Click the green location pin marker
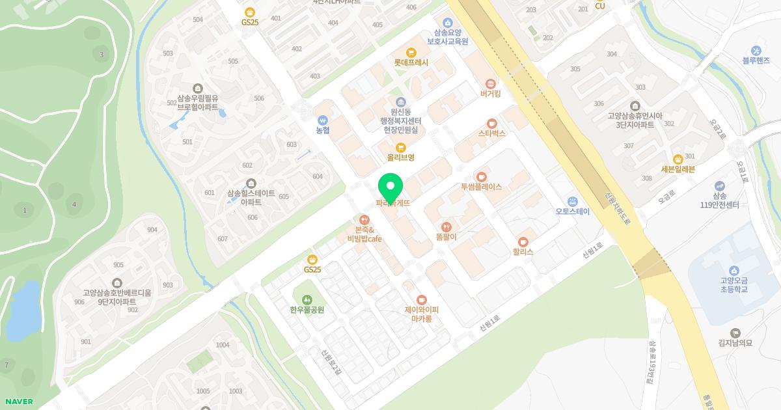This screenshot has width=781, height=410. (390, 187)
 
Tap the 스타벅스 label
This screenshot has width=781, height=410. (491, 133)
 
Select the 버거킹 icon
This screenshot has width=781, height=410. (491, 84)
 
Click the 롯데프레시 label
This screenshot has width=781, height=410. (411, 63)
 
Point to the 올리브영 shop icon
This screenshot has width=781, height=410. (400, 147)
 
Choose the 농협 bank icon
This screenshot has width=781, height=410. (323, 120)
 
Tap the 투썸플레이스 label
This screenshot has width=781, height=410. (481, 187)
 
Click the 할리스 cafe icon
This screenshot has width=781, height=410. (523, 241)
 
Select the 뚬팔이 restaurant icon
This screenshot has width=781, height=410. (446, 227)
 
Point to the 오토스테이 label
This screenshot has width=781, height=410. (572, 212)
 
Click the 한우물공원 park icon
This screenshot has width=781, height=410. (307, 299)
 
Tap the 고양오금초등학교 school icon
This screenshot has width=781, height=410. (734, 271)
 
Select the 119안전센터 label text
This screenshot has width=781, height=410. (719, 205)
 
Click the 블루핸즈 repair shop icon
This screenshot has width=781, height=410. (756, 51)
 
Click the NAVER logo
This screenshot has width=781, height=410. (19, 402)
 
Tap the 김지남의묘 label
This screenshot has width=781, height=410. (735, 344)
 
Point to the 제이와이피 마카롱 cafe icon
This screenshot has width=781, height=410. (422, 299)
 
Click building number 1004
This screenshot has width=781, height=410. (223, 345)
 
